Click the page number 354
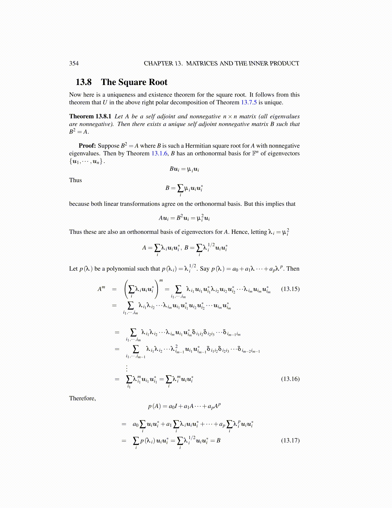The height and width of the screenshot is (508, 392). point(74,63)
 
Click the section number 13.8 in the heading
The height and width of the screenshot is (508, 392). point(83,82)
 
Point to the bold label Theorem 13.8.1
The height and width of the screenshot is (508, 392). point(90,116)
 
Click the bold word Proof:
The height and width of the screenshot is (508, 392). point(87,146)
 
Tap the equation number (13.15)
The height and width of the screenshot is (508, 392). point(290,289)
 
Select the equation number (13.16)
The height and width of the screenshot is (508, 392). point(290,379)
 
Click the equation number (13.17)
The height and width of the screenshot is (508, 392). point(290,440)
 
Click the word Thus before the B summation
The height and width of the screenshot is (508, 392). point(75,180)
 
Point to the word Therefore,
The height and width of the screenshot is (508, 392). point(82,398)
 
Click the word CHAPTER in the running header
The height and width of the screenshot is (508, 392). point(156,63)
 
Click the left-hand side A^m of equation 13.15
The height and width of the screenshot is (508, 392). point(101,289)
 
